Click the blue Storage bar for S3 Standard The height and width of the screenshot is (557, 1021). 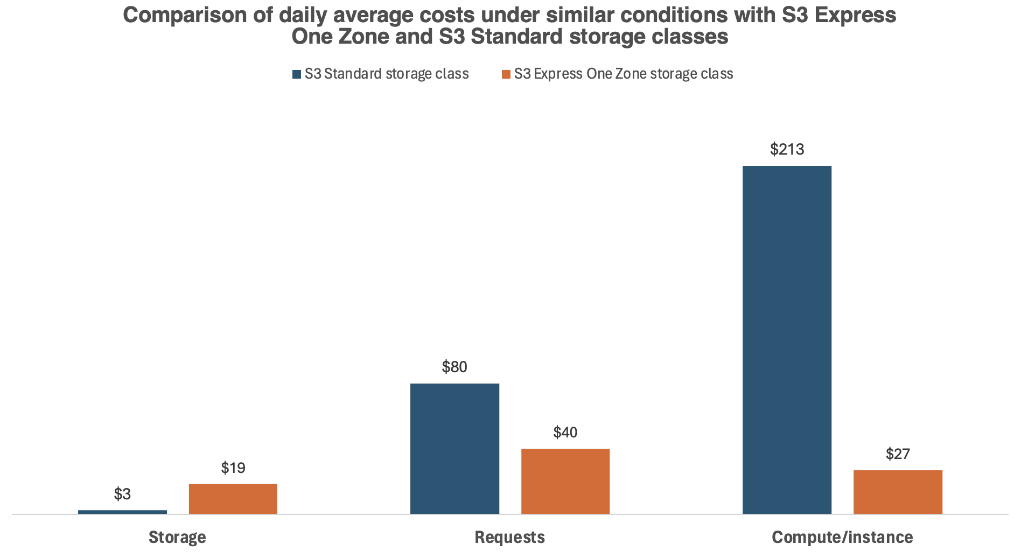tap(122, 512)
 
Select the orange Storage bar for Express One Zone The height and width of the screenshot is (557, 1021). tap(233, 499)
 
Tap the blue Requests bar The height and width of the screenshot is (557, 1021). tap(454, 449)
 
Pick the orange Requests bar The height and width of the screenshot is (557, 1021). tap(565, 481)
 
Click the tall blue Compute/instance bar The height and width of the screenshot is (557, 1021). tap(787, 340)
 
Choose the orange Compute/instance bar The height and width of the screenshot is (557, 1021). tap(898, 492)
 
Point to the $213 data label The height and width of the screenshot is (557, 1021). tap(787, 149)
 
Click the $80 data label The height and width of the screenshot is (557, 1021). tap(454, 367)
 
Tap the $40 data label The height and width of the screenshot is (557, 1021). tap(565, 432)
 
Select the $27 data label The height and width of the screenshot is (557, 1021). tap(898, 454)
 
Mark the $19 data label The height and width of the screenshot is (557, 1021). tap(233, 468)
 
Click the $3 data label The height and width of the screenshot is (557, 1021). tap(122, 494)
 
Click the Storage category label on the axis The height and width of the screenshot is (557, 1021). tap(177, 537)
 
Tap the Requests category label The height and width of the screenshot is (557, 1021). tap(509, 537)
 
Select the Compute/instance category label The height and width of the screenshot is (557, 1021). tap(842, 537)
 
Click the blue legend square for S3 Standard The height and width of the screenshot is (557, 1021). tap(297, 74)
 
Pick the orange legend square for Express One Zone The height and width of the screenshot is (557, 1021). tap(506, 74)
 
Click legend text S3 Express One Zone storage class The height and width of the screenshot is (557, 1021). tap(624, 74)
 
